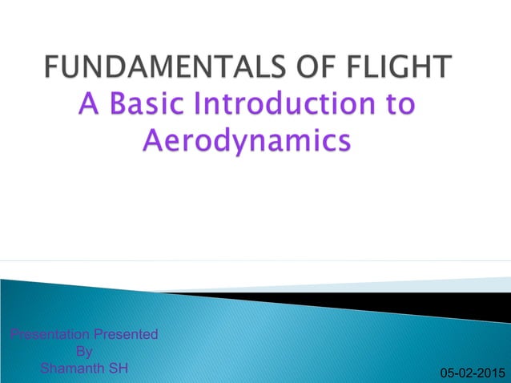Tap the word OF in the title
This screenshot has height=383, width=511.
(x=320, y=68)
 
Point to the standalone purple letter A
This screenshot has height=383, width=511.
(x=90, y=106)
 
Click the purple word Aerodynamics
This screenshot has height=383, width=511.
(x=246, y=143)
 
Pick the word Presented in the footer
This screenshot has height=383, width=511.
(x=124, y=334)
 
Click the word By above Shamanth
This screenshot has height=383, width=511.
(x=83, y=351)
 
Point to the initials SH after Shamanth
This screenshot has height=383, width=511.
(x=116, y=369)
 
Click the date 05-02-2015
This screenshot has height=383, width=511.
(x=468, y=373)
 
